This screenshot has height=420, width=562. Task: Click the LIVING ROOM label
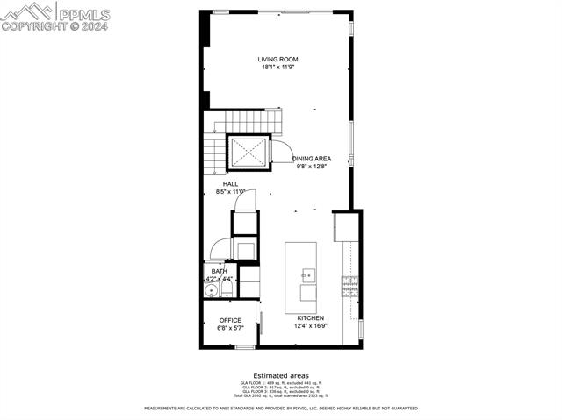coord(277,60)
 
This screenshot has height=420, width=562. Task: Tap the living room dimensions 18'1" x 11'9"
coord(277,68)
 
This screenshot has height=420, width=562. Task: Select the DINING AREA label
coord(312,159)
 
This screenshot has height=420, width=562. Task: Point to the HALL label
coord(230,184)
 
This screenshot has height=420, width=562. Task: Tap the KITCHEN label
coord(310,318)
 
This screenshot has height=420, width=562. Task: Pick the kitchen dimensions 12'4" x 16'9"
coord(311,326)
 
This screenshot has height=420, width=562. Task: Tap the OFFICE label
coord(230,320)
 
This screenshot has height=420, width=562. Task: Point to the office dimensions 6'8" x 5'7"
coord(230,328)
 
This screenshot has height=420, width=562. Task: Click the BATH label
coord(219,272)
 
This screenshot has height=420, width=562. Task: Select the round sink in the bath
coord(211,290)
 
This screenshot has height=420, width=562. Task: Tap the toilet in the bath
coord(226,288)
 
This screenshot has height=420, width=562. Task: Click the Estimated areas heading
coord(280,375)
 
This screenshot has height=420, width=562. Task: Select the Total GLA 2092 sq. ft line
coord(280,396)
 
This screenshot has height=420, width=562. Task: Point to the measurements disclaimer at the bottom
coord(280,409)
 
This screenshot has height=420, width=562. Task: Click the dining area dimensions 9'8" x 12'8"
coord(312,167)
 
